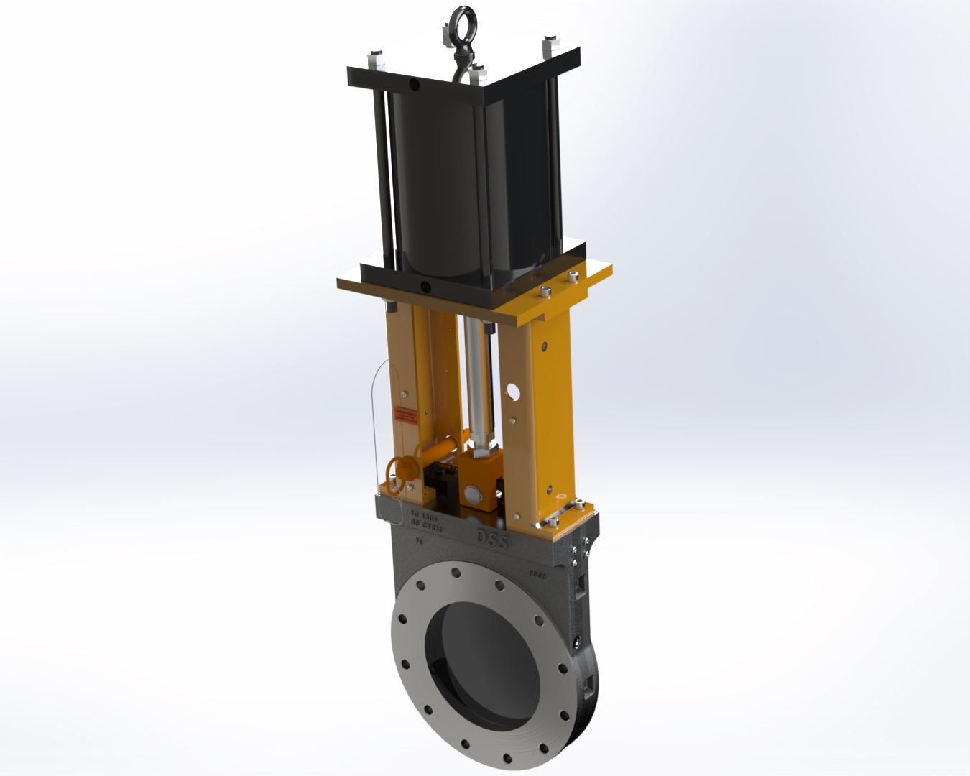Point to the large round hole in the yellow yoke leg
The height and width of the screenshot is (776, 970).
(x=512, y=391)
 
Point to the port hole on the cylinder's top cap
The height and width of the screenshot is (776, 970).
(x=414, y=84)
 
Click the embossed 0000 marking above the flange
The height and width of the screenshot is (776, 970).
(x=537, y=574)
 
